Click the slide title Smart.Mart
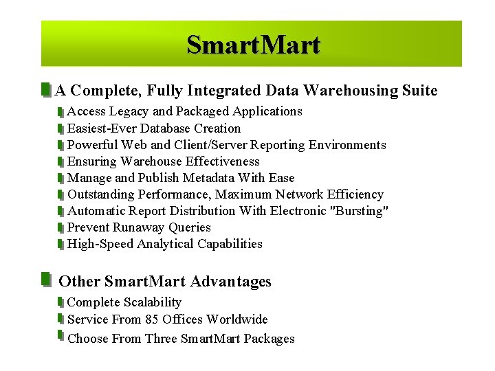pos(253,45)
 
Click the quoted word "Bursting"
pos(360,211)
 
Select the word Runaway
pos(137,227)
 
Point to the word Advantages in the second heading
pos(231,282)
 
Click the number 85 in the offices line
pos(152,319)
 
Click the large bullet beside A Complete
pos(45,90)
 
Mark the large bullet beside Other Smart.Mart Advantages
pos(45,280)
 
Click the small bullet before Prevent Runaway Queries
pos(60,227)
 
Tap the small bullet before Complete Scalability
pos(60,302)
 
